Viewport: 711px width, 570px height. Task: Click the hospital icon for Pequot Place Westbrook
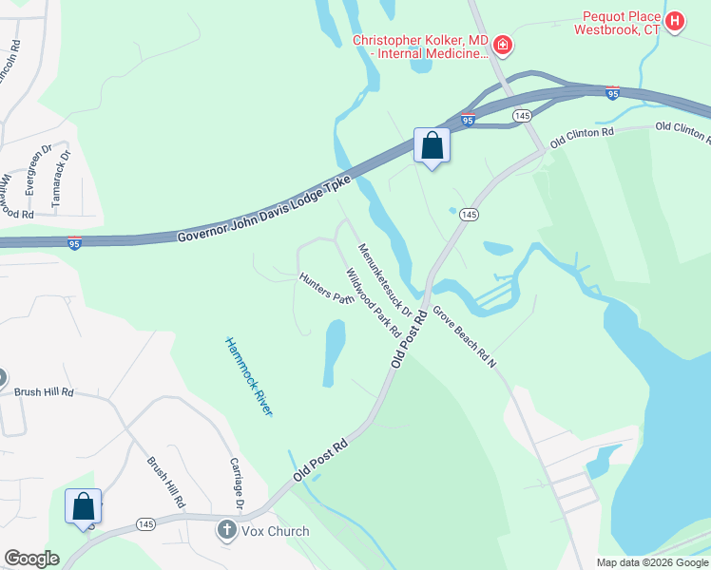point(675,22)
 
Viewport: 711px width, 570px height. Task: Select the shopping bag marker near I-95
point(432,146)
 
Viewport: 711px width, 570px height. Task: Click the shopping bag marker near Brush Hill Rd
point(83,505)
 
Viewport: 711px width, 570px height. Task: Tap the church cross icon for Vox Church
point(226,530)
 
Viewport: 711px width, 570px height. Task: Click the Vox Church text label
point(276,531)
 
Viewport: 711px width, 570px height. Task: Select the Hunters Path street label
point(326,289)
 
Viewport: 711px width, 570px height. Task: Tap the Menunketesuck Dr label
point(384,280)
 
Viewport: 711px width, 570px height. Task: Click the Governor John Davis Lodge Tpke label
point(264,207)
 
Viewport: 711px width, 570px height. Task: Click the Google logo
point(31,558)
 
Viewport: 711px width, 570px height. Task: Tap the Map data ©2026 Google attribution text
point(651,562)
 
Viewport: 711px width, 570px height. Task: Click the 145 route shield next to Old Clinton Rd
point(521,115)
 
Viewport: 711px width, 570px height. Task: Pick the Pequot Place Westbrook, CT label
point(617,23)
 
